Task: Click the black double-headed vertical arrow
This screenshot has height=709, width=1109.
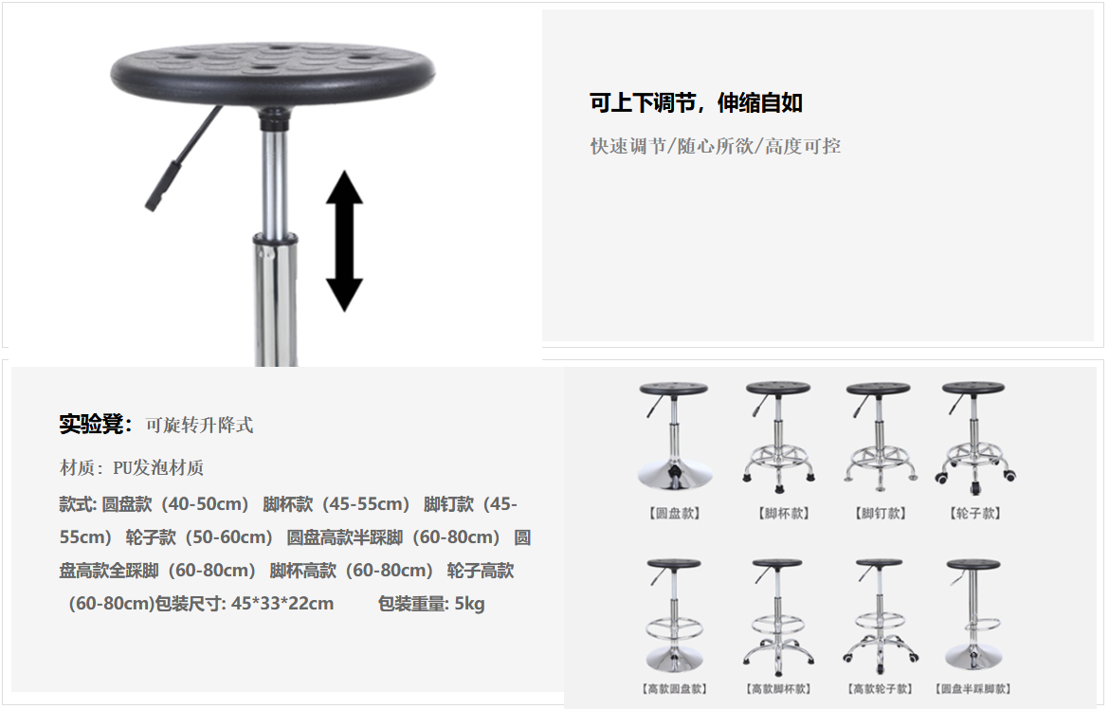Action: click(x=344, y=241)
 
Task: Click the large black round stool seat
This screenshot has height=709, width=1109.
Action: click(x=273, y=72)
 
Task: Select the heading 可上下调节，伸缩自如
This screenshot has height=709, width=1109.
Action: click(x=696, y=103)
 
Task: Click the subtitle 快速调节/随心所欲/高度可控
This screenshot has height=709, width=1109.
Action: click(x=715, y=147)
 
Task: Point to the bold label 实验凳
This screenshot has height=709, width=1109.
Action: click(x=92, y=424)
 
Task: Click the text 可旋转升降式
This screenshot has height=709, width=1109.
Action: click(x=199, y=426)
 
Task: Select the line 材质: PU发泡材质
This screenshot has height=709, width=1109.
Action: click(x=132, y=467)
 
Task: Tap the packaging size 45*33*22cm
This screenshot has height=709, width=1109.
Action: click(x=282, y=604)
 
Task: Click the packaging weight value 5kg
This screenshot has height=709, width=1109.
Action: click(x=469, y=604)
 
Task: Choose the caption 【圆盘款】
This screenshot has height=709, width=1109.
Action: click(x=675, y=513)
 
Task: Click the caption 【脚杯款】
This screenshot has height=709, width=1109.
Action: click(x=784, y=513)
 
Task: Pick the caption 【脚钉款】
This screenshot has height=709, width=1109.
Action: click(x=881, y=513)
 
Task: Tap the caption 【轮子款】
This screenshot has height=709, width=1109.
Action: click(x=975, y=513)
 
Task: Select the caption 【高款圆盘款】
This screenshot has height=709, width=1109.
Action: click(x=675, y=688)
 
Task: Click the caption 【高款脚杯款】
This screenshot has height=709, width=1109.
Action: click(x=778, y=688)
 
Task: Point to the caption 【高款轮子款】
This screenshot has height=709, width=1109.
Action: click(x=880, y=688)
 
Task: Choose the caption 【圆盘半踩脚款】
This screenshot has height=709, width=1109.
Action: click(x=973, y=688)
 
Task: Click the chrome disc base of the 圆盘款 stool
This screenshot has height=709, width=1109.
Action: click(x=675, y=475)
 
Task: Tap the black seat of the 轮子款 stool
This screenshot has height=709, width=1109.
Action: click(x=973, y=389)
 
